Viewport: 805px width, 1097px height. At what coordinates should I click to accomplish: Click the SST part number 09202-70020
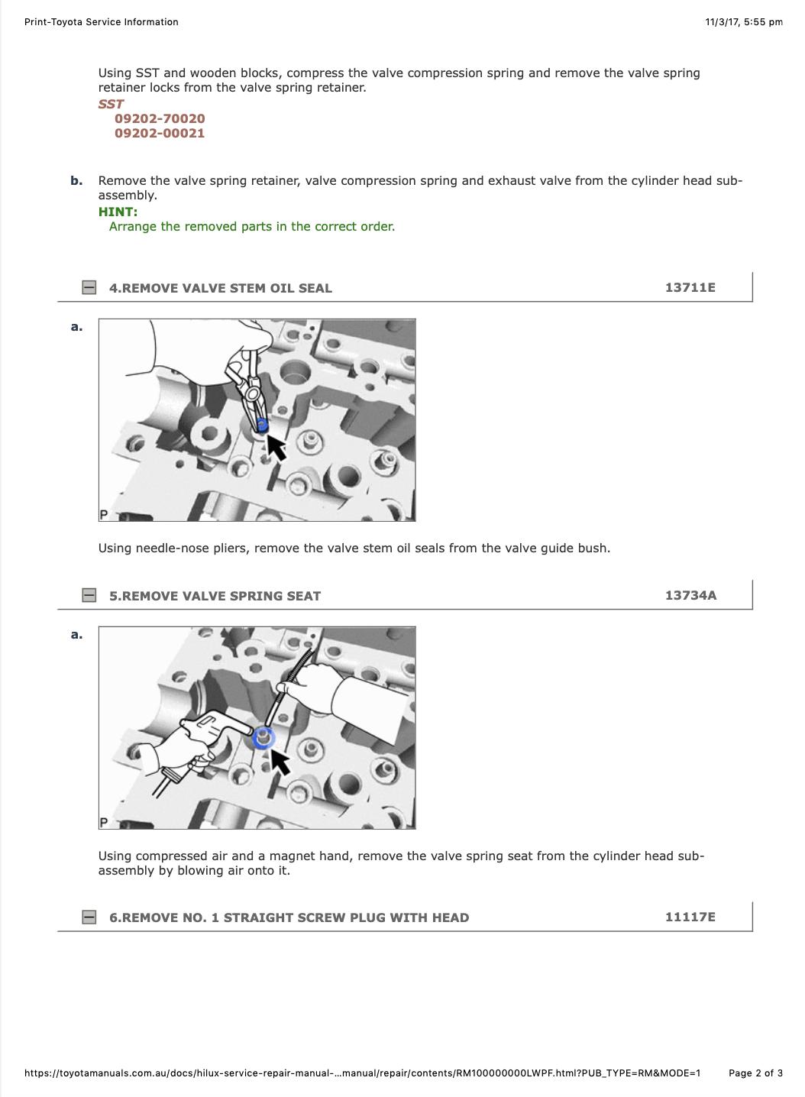(x=160, y=118)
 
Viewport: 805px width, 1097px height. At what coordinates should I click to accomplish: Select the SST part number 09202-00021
(x=160, y=133)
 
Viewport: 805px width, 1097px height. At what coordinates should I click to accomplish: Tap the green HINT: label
(x=118, y=212)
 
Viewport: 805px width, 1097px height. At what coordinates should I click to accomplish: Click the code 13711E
(x=690, y=287)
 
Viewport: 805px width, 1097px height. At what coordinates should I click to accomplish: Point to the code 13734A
(x=690, y=596)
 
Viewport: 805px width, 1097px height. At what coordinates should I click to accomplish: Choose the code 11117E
(x=690, y=917)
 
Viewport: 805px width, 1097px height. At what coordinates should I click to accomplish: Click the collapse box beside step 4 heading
(x=89, y=287)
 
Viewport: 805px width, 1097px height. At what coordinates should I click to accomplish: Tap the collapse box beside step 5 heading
(x=89, y=596)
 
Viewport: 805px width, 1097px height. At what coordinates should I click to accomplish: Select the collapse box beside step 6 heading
(x=89, y=917)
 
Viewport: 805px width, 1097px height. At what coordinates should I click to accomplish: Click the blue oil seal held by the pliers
(x=263, y=425)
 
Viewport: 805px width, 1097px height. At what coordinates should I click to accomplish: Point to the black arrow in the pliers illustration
(x=276, y=448)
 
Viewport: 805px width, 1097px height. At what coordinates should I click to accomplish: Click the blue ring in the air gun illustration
(x=264, y=739)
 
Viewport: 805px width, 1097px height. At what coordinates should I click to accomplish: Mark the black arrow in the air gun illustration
(x=280, y=762)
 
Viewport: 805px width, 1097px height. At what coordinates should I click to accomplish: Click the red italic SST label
(x=111, y=105)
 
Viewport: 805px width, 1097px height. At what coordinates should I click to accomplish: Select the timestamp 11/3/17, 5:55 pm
(x=744, y=22)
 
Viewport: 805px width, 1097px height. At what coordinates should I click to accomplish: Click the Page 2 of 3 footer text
(x=755, y=1073)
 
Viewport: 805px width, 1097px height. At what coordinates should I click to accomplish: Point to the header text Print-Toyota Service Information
(x=102, y=22)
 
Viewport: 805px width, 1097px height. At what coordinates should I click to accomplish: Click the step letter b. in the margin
(x=76, y=181)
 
